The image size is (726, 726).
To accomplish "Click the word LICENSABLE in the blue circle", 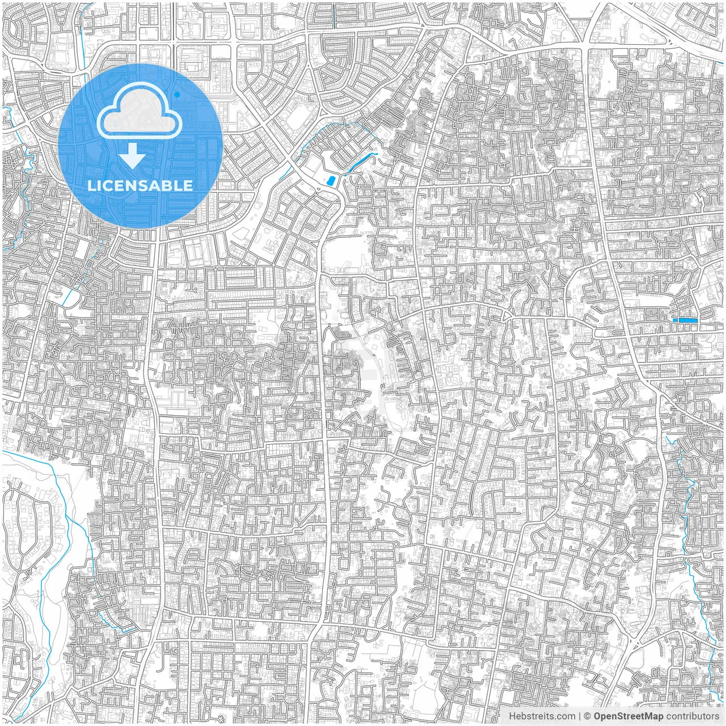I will coord(140,185).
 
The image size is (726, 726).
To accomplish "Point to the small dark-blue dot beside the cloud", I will coord(178,94).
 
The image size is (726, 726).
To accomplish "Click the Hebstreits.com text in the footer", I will coord(542,716).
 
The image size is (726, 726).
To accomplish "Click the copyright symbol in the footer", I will coord(588,716).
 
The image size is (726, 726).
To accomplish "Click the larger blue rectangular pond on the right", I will coord(689,320).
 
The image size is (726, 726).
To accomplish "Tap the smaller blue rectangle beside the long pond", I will coord(675,320).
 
